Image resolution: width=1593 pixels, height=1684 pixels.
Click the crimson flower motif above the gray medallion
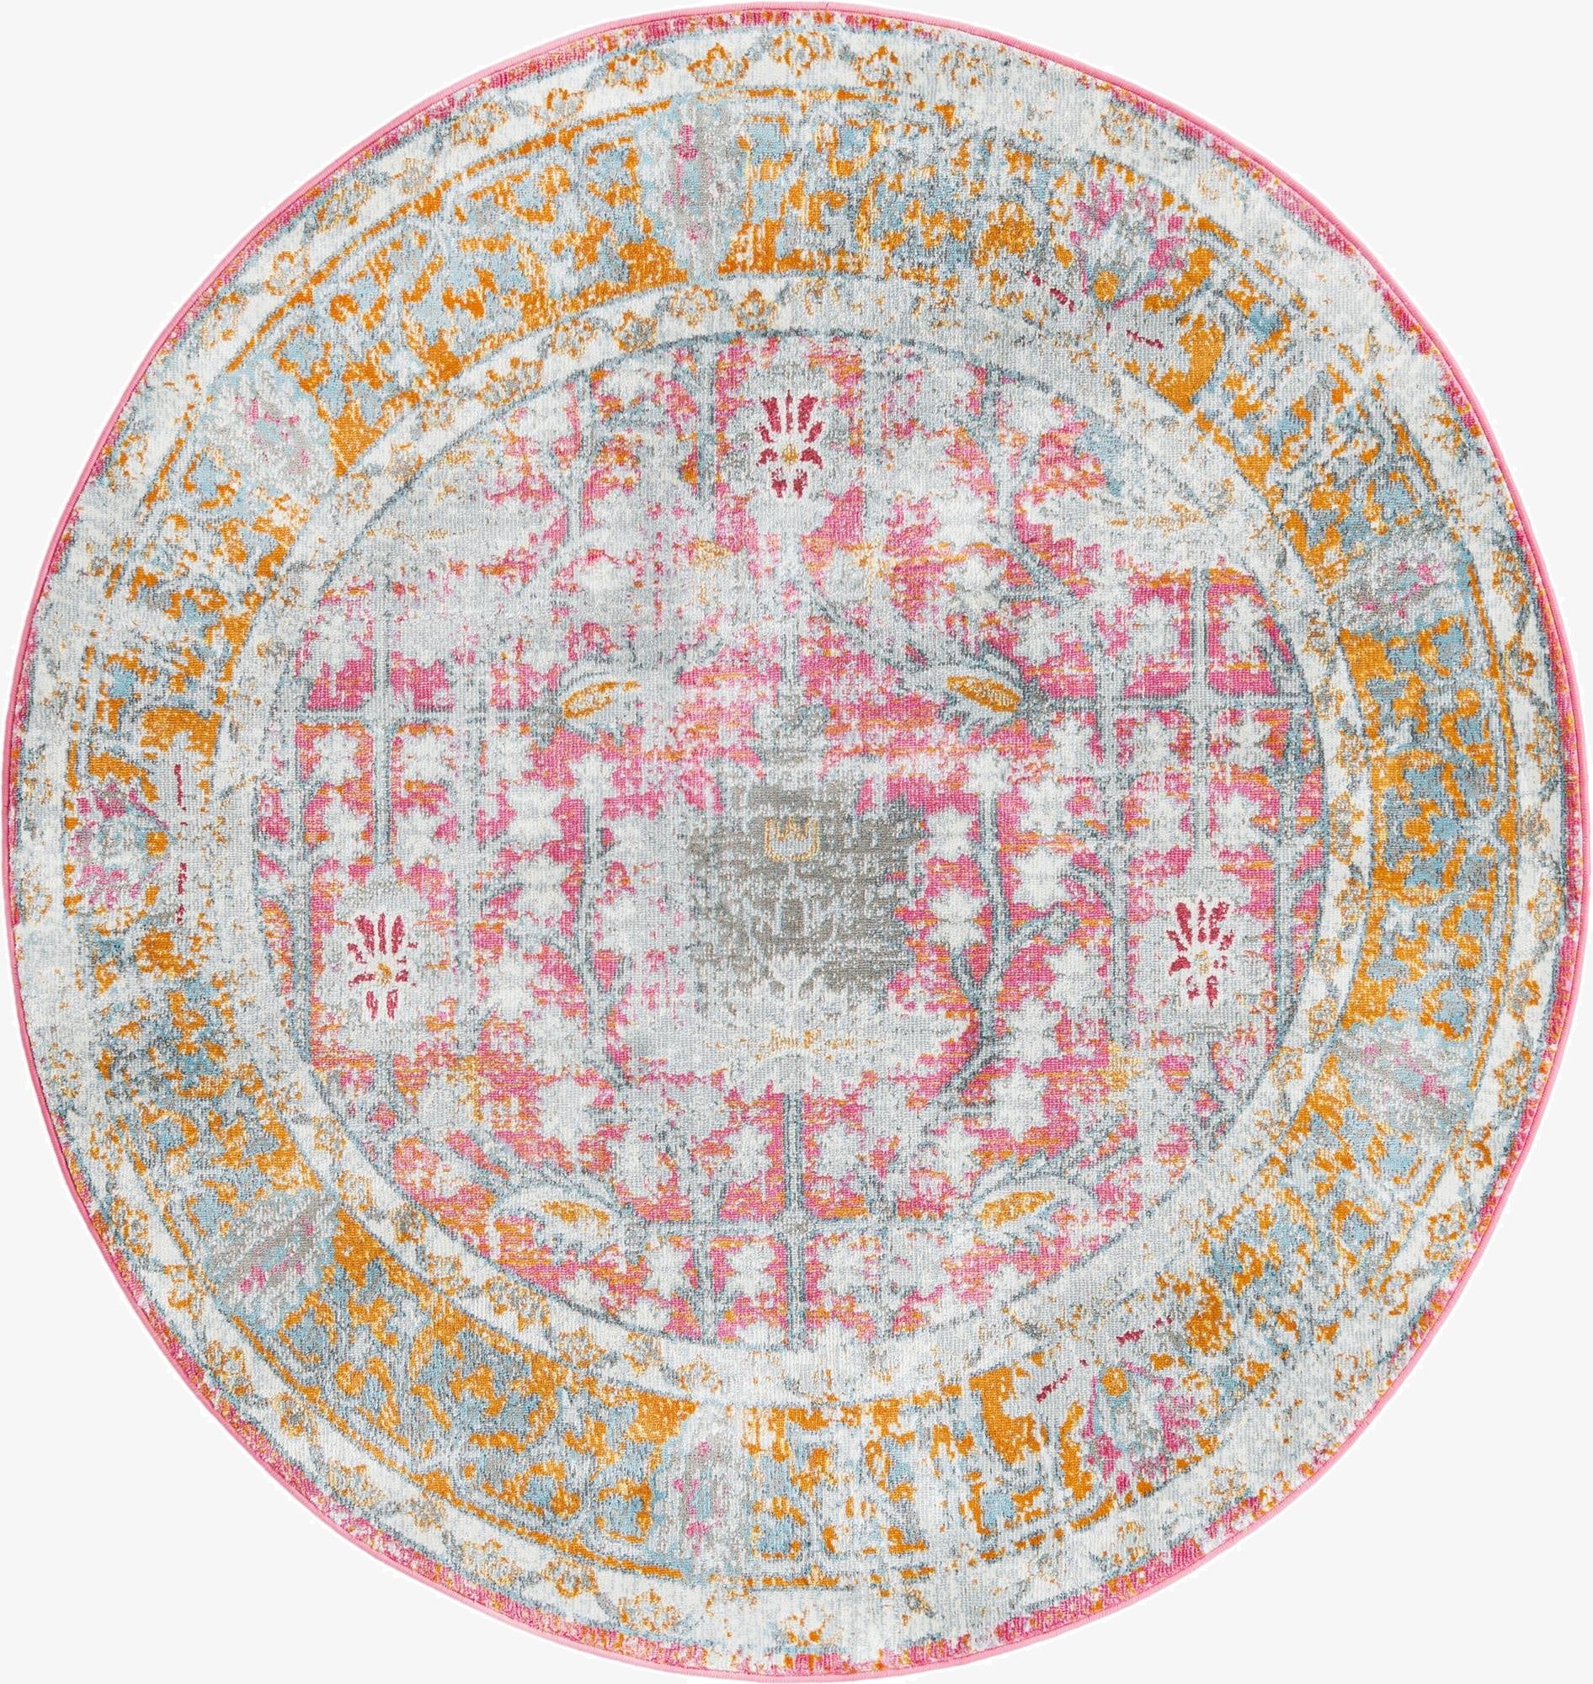[x=783, y=455]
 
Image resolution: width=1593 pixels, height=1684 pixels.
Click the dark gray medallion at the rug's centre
[x=794, y=883]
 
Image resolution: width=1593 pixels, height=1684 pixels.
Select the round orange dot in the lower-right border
[x=1201, y=1329]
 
